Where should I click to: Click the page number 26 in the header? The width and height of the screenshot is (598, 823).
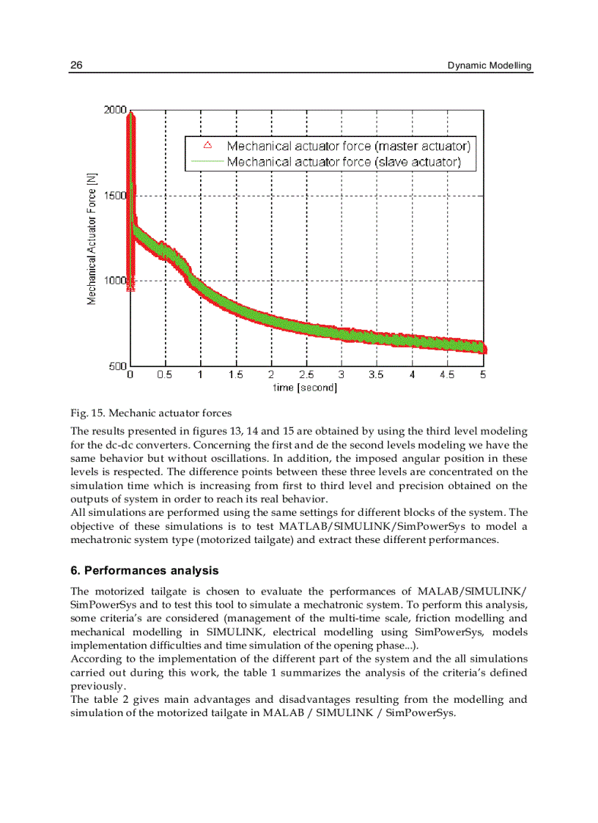click(75, 65)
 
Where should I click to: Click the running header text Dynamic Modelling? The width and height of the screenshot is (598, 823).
click(490, 65)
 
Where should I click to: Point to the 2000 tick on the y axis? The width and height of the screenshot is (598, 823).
click(115, 110)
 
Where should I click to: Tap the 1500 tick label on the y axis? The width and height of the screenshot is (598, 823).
click(116, 196)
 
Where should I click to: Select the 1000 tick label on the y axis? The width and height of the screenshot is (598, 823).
click(116, 281)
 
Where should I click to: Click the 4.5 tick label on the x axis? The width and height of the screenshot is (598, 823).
click(447, 374)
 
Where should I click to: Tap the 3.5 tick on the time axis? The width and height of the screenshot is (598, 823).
click(377, 374)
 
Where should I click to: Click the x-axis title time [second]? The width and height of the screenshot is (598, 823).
click(305, 387)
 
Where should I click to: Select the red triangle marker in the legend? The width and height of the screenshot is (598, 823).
click(207, 145)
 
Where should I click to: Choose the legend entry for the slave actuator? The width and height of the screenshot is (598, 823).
click(344, 161)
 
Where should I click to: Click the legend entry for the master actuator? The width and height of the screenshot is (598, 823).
click(348, 146)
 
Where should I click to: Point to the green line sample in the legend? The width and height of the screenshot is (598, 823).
click(207, 161)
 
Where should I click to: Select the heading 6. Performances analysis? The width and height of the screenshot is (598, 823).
click(144, 570)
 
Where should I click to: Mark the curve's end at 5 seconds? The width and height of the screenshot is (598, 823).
click(484, 347)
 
